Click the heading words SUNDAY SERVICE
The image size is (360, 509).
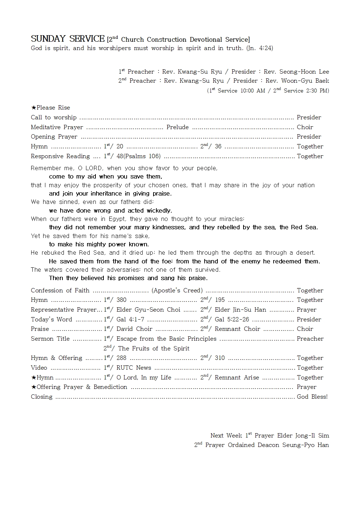click(67, 39)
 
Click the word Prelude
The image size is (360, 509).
click(177, 127)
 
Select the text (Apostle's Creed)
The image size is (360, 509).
click(177, 291)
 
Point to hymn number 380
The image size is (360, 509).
click(122, 300)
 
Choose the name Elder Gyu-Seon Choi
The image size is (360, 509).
click(148, 310)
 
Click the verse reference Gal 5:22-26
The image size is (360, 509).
click(232, 320)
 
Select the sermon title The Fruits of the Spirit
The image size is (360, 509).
click(154, 349)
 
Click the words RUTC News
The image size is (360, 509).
click(134, 368)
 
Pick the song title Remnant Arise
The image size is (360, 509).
click(237, 378)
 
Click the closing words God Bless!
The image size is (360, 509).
click(312, 397)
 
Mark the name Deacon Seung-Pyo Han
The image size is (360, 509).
click(292, 445)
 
